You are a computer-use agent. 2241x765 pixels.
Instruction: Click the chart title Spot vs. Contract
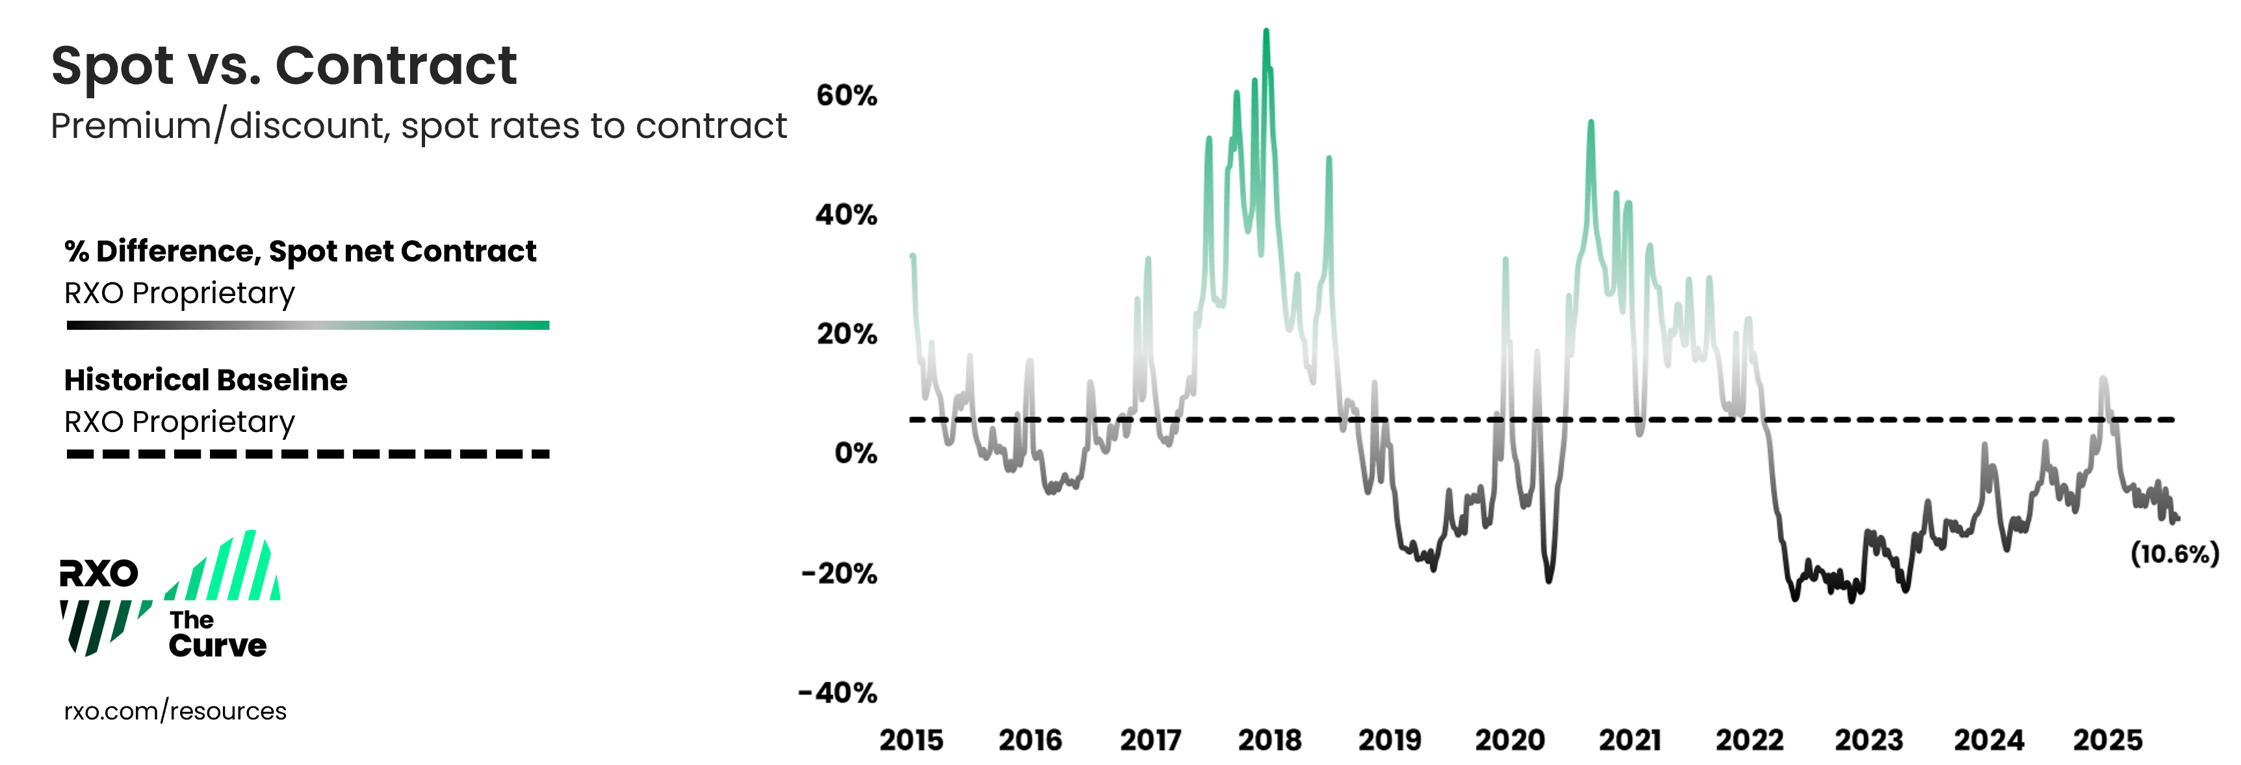pyautogui.click(x=283, y=66)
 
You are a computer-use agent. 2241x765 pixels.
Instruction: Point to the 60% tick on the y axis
pyautogui.click(x=846, y=96)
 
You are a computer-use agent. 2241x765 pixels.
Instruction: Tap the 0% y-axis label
pyautogui.click(x=855, y=453)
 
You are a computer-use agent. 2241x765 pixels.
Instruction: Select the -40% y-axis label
pyautogui.click(x=838, y=693)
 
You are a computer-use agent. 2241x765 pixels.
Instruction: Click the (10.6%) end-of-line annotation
pyautogui.click(x=2174, y=554)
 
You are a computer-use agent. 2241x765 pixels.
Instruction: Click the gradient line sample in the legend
pyautogui.click(x=308, y=325)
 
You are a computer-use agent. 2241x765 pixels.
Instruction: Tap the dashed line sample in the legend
pyautogui.click(x=308, y=453)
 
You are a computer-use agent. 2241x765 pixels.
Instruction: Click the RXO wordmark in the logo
pyautogui.click(x=98, y=574)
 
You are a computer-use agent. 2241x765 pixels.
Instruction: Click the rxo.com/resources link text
pyautogui.click(x=175, y=711)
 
